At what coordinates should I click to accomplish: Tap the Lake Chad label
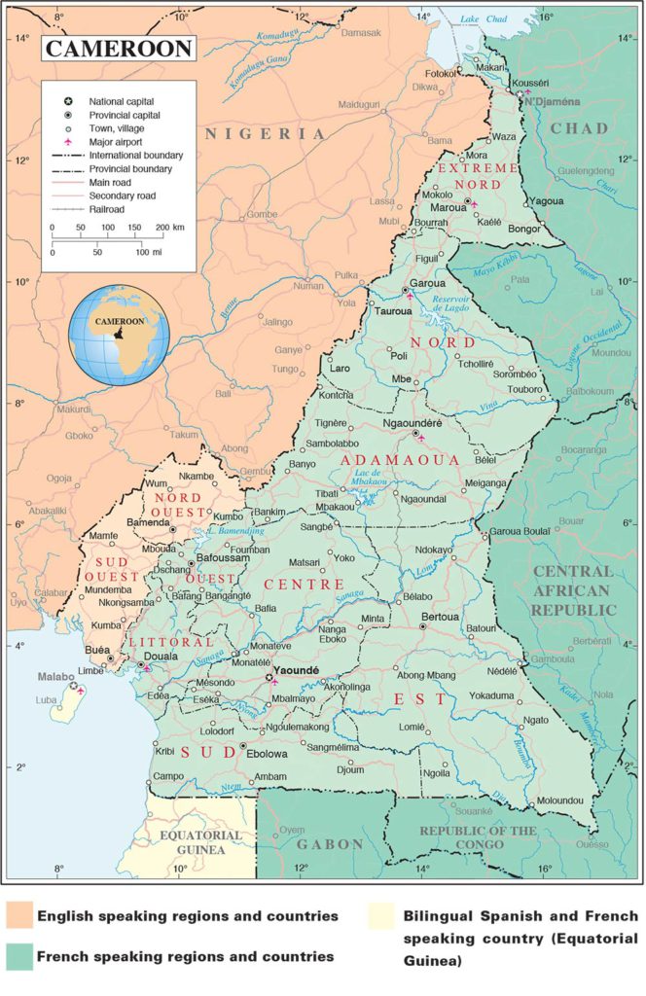484,19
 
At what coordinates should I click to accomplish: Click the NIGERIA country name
265,134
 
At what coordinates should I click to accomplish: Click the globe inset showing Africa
119,334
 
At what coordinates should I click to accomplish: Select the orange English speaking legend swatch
18,916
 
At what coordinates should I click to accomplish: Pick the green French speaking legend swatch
18,956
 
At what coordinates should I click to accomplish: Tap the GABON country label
329,844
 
